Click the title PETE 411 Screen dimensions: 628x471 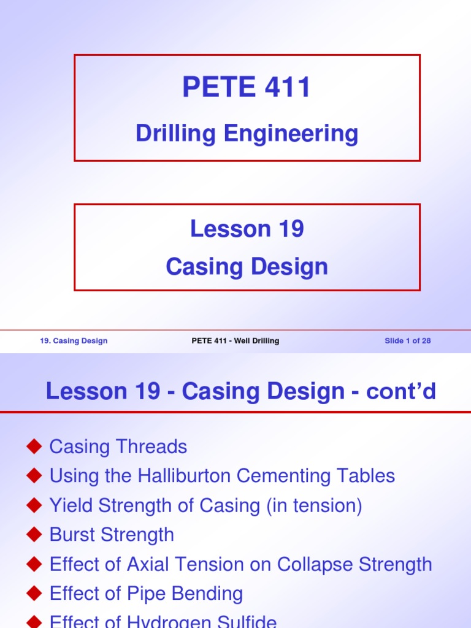point(247,88)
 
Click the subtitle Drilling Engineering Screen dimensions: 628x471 point(247,133)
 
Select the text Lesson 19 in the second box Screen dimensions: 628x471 point(247,229)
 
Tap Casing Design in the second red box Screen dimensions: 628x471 point(247,267)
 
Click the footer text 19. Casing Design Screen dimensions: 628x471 point(74,341)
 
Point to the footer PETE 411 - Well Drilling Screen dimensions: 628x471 point(235,341)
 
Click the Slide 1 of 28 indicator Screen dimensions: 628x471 point(407,341)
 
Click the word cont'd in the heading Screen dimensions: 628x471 point(401,391)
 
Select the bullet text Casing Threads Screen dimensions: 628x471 point(118,446)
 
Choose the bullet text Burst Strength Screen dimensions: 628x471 point(112,535)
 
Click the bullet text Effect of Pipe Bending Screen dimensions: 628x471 point(146,594)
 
